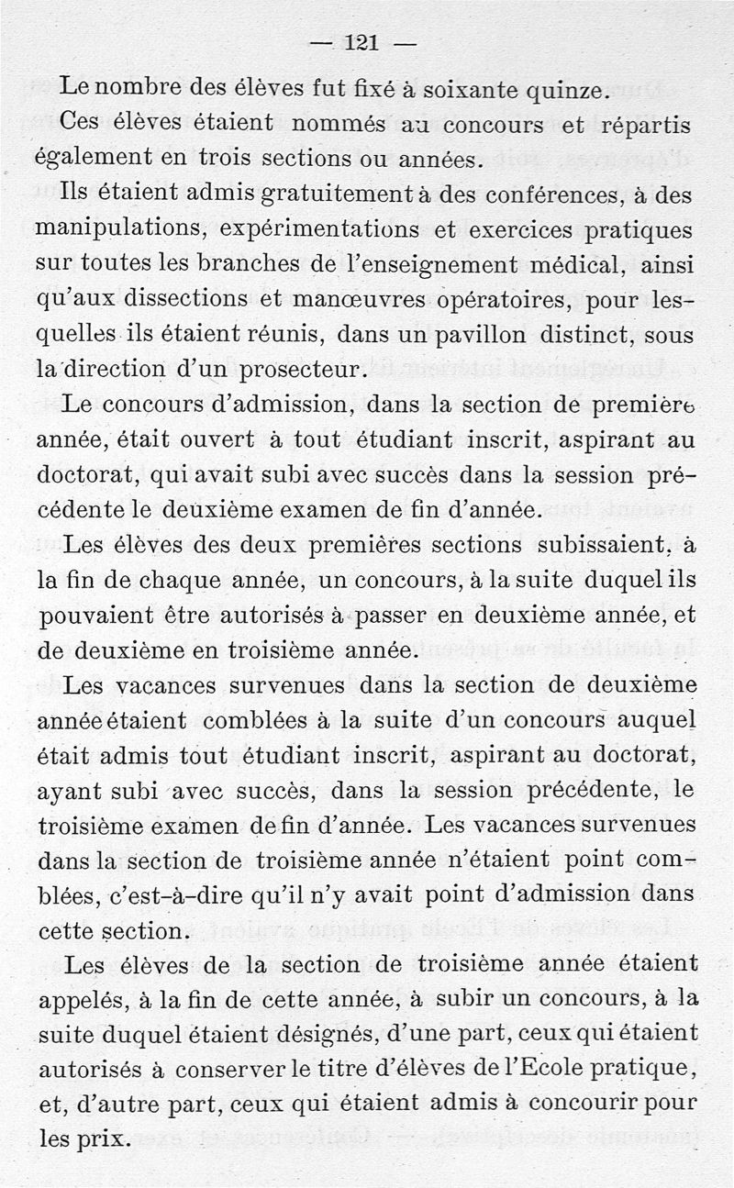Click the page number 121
[x=362, y=42]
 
